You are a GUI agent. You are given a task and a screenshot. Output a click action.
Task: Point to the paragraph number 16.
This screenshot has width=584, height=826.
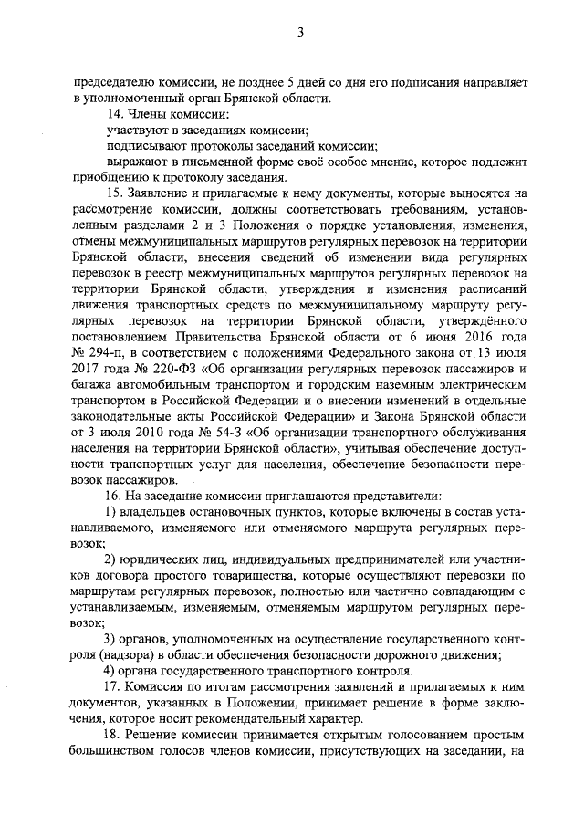(115, 496)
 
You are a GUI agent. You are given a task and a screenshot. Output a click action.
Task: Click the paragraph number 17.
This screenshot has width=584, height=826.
(115, 685)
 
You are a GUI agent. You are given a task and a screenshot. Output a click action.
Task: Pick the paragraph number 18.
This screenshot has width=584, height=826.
(115, 736)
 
